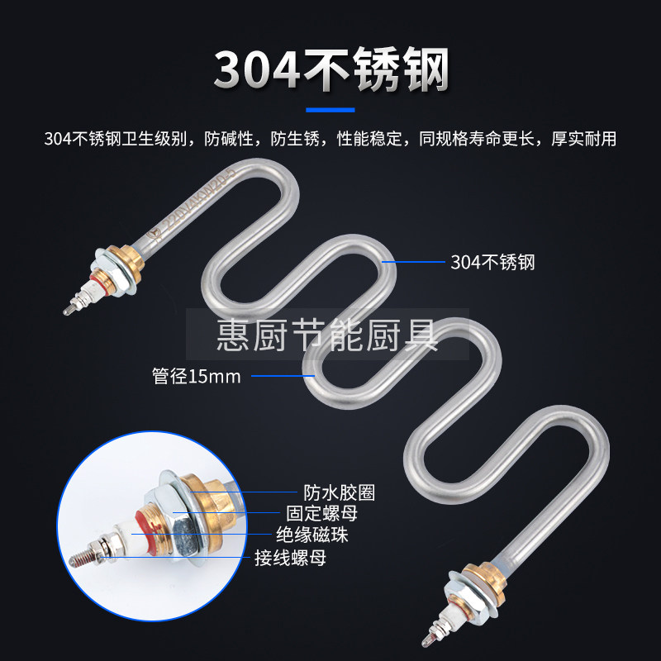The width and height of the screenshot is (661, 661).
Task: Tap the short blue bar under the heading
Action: pos(330,109)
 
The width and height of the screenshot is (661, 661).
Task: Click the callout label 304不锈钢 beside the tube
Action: pos(493,263)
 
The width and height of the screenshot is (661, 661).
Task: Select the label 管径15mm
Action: pos(196,378)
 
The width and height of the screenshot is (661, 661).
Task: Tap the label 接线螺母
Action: pos(290,559)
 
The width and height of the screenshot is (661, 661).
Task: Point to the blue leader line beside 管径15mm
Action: pos(281,377)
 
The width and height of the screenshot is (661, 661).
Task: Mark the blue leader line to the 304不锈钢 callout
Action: pos(413,262)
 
